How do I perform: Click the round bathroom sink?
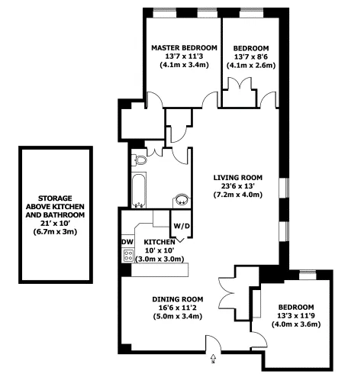(182, 200)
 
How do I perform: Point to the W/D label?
(181, 226)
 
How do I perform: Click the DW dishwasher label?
(127, 242)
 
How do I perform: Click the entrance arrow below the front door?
(213, 354)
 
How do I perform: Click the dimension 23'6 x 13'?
(237, 185)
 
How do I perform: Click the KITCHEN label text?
(160, 242)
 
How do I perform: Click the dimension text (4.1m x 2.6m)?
(251, 66)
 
